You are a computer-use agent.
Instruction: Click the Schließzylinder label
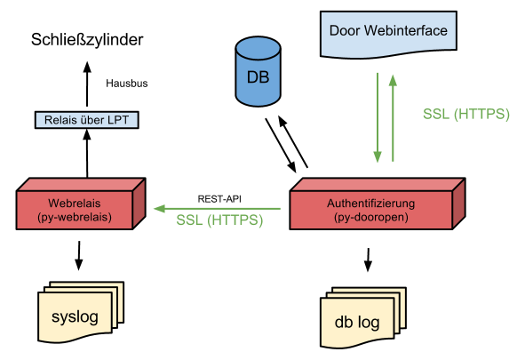pyautogui.click(x=87, y=40)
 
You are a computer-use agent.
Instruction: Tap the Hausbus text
pyautogui.click(x=126, y=84)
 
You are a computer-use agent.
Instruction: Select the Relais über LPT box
pyautogui.click(x=87, y=120)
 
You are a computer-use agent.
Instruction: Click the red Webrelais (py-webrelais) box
pyautogui.click(x=81, y=204)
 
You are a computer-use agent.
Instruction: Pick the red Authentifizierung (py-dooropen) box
pyautogui.click(x=378, y=204)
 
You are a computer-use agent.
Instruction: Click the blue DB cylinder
pyautogui.click(x=258, y=72)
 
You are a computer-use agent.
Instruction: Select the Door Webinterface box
pyautogui.click(x=388, y=35)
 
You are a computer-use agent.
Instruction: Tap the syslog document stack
pyautogui.click(x=81, y=312)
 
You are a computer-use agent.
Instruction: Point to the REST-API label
pyautogui.click(x=219, y=199)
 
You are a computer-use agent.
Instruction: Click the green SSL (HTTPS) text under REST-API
pyautogui.click(x=219, y=220)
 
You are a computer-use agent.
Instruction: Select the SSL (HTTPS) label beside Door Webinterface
pyautogui.click(x=466, y=114)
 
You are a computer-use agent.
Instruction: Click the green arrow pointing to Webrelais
pyautogui.click(x=217, y=209)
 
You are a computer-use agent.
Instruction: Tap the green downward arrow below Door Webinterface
pyautogui.click(x=378, y=118)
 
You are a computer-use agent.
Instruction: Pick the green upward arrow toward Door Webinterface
pyautogui.click(x=393, y=118)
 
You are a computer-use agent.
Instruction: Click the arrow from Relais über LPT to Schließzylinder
pyautogui.click(x=87, y=84)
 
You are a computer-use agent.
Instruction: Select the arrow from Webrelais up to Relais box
pyautogui.click(x=87, y=154)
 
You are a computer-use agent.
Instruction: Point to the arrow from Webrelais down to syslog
pyautogui.click(x=79, y=255)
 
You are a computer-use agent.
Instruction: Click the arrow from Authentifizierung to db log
pyautogui.click(x=368, y=260)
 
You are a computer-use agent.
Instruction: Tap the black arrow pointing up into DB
pyautogui.click(x=293, y=141)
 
